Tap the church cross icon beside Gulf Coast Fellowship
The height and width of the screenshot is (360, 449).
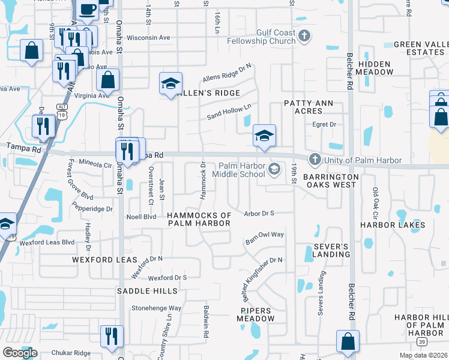(304, 37)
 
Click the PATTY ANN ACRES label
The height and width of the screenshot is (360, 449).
(309, 107)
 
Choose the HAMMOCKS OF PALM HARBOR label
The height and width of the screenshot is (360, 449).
(199, 219)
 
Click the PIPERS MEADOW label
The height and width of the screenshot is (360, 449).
(255, 315)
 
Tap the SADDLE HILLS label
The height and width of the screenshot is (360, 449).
(147, 291)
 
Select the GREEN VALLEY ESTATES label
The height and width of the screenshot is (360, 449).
(419, 49)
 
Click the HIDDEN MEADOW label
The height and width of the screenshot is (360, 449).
(375, 68)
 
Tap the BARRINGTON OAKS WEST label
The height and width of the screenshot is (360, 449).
(330, 181)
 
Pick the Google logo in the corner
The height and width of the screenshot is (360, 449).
(20, 353)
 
